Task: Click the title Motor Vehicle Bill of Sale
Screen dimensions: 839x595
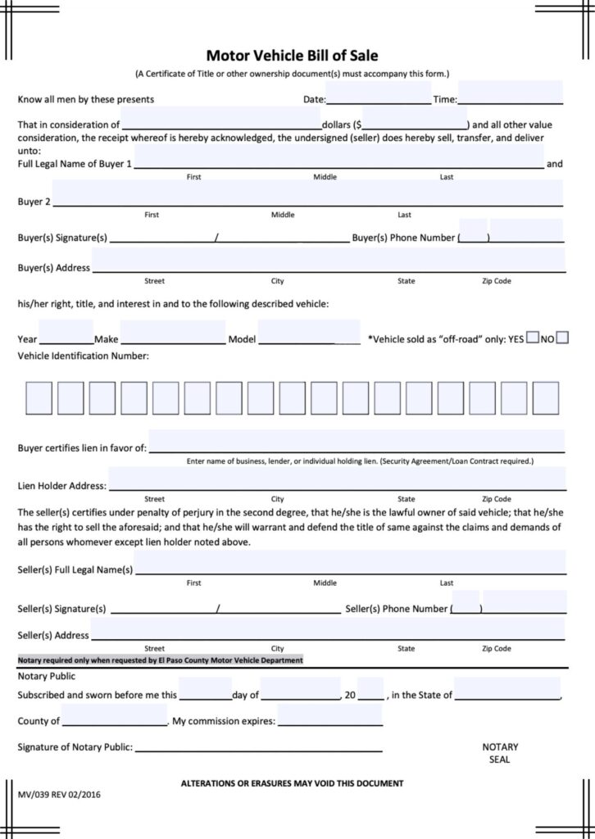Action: (x=292, y=56)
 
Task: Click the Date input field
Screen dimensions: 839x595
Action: (x=379, y=93)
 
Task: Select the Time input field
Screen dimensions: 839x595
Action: (x=510, y=93)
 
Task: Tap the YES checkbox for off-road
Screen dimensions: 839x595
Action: (x=533, y=337)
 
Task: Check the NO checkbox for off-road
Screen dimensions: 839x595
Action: (x=562, y=337)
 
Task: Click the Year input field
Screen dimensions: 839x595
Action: (x=66, y=333)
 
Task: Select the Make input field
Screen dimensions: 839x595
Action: (x=172, y=333)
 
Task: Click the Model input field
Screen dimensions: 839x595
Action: (x=308, y=333)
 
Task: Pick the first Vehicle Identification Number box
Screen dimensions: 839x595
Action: (x=39, y=397)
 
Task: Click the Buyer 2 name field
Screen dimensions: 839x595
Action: (x=307, y=193)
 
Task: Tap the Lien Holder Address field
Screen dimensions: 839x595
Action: (x=336, y=478)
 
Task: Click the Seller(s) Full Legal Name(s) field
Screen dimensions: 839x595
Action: (x=350, y=562)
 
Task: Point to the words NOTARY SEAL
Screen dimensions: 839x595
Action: (x=500, y=753)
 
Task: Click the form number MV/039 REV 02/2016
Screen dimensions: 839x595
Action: (x=61, y=794)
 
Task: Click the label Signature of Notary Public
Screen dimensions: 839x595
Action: (x=75, y=747)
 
